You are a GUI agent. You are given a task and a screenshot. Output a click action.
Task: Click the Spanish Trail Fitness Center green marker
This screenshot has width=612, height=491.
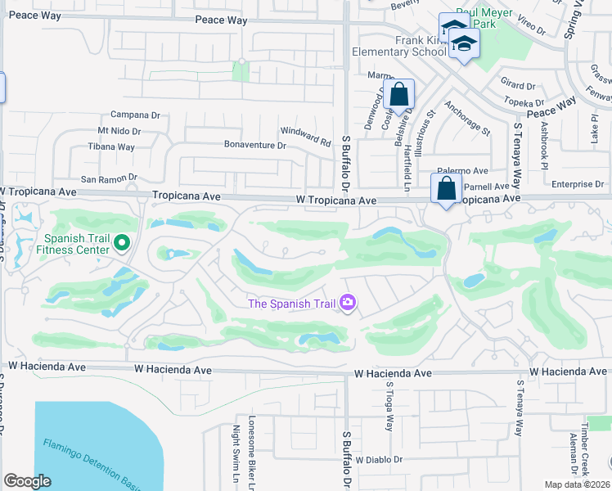point(122,242)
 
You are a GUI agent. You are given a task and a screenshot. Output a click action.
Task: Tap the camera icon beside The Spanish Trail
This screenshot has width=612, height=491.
point(349,304)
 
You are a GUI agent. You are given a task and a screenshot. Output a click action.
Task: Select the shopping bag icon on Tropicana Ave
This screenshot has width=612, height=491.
point(447,188)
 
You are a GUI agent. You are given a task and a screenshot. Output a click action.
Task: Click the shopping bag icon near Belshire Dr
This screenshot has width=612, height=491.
point(399,94)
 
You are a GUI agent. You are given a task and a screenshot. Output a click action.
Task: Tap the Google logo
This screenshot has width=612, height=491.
point(27,481)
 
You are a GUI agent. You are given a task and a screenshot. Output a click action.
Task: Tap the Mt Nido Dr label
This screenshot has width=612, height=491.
point(119,131)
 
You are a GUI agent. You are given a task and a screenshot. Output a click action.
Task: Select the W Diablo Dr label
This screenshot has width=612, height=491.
point(380,460)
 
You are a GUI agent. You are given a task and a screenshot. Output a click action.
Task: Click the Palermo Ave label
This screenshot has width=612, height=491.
point(467,172)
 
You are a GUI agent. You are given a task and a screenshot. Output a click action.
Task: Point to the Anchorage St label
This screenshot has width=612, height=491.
point(466,119)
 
